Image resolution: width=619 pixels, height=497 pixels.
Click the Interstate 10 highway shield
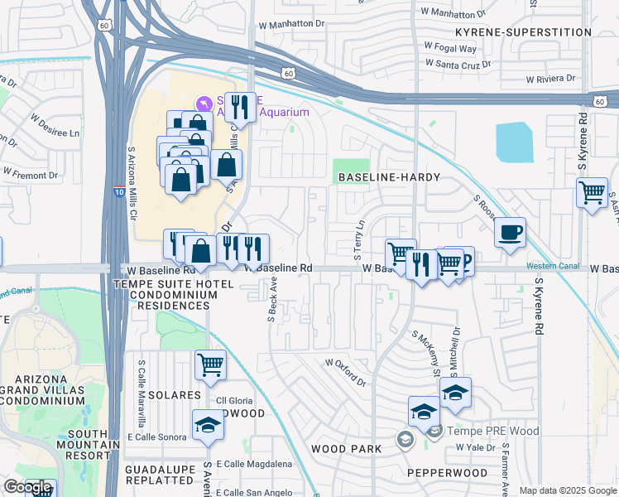pos(120,192)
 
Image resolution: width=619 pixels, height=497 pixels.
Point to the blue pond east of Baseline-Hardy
pos(514,142)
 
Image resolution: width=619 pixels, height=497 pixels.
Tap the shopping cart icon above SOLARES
pos(211,364)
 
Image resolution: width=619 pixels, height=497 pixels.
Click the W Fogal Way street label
pos(450,48)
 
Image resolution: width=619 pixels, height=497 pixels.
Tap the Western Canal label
pos(550,266)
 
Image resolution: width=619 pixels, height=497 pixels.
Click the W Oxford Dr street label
pos(345,372)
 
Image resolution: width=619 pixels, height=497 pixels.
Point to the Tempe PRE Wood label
pos(492,431)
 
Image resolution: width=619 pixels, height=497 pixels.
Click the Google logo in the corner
pos(27,487)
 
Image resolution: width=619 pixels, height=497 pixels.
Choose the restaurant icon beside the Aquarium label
pos(240,106)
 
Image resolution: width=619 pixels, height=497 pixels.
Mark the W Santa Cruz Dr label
pos(458,63)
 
